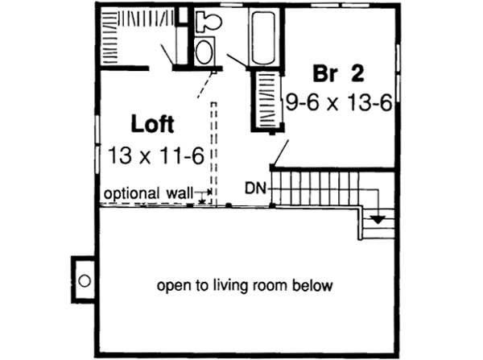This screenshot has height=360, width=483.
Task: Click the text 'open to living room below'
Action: click(245, 286)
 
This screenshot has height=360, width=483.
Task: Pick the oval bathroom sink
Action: click(204, 53)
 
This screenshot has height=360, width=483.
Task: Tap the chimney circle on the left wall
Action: click(84, 279)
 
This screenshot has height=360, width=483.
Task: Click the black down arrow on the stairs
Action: click(378, 218)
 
